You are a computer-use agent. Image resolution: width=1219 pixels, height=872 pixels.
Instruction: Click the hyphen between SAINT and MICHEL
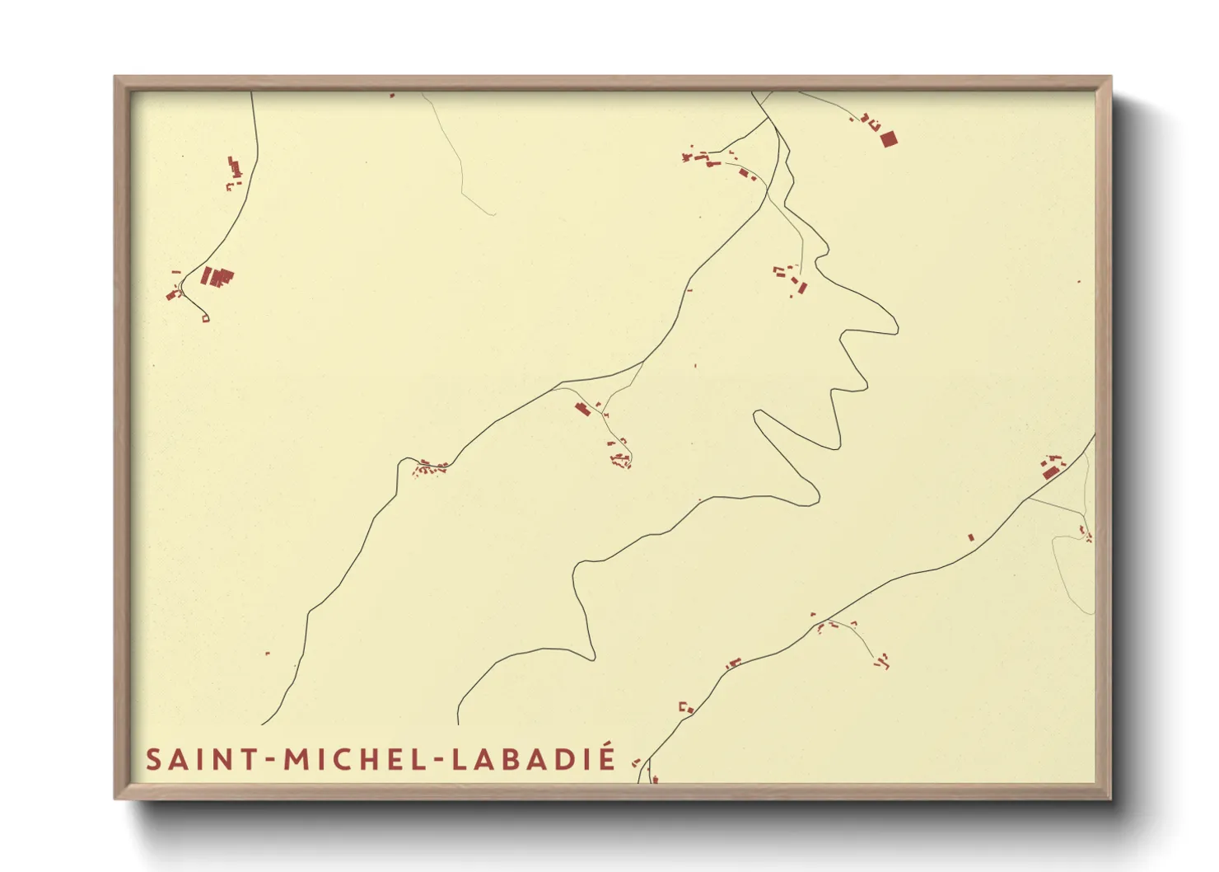[269, 761]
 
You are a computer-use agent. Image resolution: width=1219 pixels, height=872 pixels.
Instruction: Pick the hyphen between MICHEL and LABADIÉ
[438, 761]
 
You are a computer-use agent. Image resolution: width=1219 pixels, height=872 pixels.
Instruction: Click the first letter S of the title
[152, 759]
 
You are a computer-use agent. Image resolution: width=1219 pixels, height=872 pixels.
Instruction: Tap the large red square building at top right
[887, 138]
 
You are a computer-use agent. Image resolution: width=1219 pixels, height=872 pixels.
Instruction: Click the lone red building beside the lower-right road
[970, 537]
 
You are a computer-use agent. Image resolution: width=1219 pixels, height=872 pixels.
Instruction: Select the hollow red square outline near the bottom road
[682, 706]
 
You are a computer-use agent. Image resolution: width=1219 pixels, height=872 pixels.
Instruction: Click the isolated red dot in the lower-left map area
[268, 654]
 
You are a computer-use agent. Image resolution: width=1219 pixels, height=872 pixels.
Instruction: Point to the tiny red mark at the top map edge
[392, 96]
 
